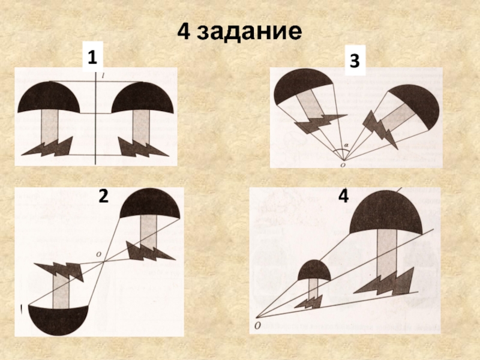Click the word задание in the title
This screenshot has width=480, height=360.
click(249, 32)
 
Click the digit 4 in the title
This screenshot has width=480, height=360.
click(184, 32)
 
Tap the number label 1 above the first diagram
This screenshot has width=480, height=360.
click(92, 57)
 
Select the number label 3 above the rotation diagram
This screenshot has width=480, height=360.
click(354, 61)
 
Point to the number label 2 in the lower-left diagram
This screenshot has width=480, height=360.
click(103, 196)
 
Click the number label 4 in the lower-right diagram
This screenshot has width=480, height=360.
click(343, 196)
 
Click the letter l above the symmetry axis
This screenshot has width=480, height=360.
click(103, 74)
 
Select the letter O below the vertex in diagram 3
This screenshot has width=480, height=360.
click(343, 164)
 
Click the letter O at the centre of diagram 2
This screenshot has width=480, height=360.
click(98, 254)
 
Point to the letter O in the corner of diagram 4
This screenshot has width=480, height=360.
click(258, 326)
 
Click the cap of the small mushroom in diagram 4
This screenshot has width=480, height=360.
click(314, 271)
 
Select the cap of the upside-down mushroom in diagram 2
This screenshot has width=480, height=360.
click(58, 319)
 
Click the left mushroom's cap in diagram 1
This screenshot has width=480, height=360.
click(49, 97)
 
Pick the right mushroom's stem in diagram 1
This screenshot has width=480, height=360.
click(142, 125)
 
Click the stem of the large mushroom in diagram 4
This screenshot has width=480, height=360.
click(387, 254)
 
